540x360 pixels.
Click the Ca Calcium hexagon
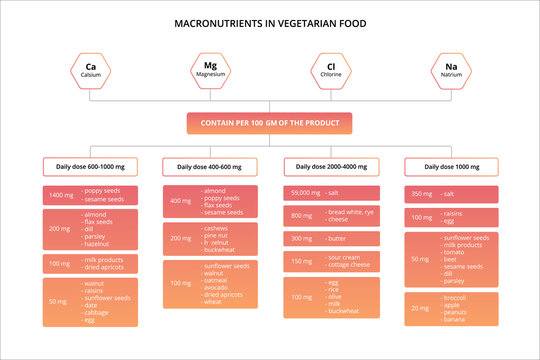91,71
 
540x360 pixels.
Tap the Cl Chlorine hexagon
331,71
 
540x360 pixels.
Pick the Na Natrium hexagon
450,71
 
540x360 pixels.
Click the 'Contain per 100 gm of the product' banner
270,123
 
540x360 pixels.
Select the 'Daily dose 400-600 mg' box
210,167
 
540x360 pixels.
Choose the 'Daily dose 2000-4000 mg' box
331,167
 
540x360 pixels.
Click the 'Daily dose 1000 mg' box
451,167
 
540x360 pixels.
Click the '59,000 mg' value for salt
304,191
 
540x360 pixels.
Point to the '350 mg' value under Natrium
422,193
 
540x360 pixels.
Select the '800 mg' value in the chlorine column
302,215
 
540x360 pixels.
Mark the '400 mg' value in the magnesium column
181,200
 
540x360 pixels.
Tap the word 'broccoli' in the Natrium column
456,297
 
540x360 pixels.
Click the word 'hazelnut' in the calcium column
97,244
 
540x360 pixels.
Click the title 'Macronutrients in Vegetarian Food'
270,22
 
